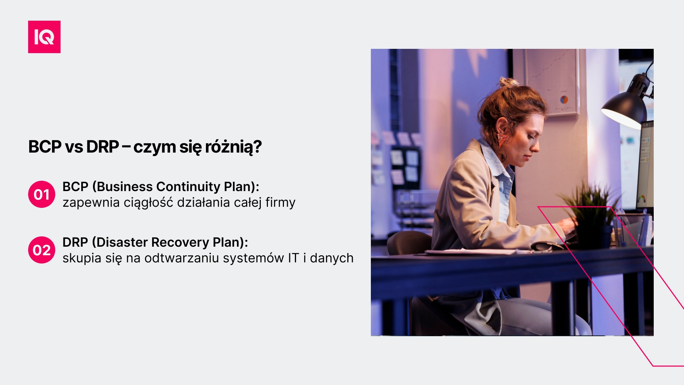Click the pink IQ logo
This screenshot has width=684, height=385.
click(44, 37)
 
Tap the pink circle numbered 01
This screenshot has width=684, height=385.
click(42, 194)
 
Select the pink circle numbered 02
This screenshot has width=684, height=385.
click(42, 250)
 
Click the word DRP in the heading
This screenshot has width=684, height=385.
click(103, 147)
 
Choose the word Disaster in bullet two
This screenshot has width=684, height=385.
click(121, 242)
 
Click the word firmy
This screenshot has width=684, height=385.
click(280, 202)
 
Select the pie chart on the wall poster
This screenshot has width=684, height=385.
click(564, 100)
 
